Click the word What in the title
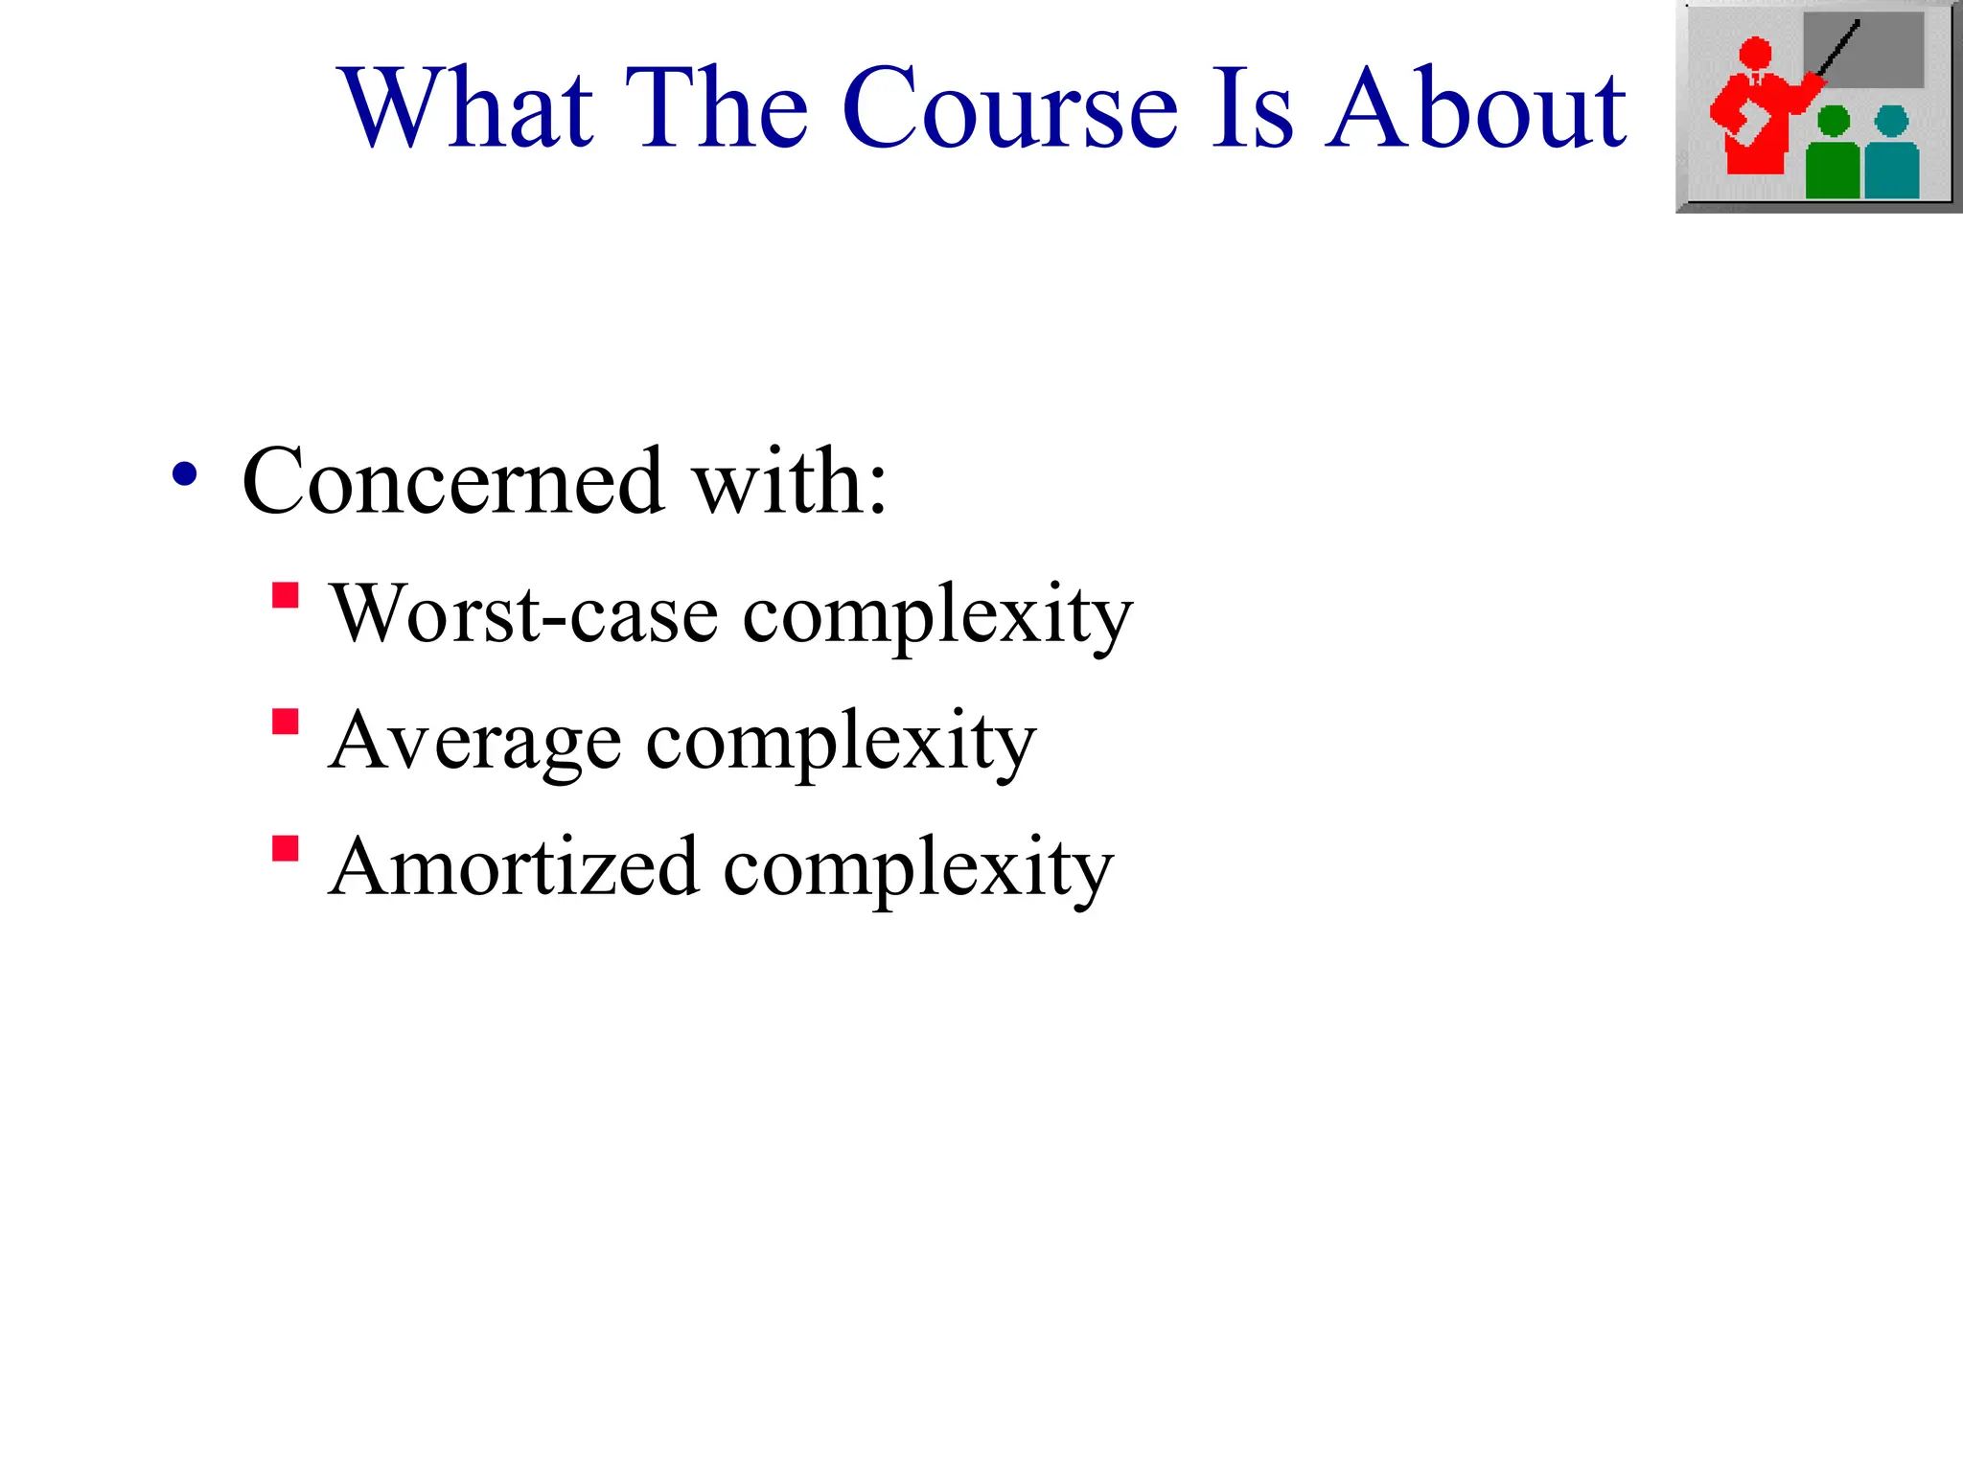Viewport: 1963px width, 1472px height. click(x=469, y=107)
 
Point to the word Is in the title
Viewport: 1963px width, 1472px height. click(x=1252, y=107)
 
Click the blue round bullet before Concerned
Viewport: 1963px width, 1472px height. click(x=184, y=474)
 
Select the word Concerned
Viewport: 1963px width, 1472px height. click(x=452, y=481)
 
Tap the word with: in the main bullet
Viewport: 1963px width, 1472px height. click(x=790, y=481)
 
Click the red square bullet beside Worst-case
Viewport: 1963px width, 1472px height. click(x=285, y=595)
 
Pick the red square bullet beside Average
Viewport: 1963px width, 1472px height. click(x=285, y=721)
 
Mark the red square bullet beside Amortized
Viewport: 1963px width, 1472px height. click(x=285, y=848)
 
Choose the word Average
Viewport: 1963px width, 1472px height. click(x=473, y=741)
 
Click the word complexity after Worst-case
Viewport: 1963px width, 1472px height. click(x=937, y=616)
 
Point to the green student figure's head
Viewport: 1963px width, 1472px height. click(x=1833, y=121)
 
